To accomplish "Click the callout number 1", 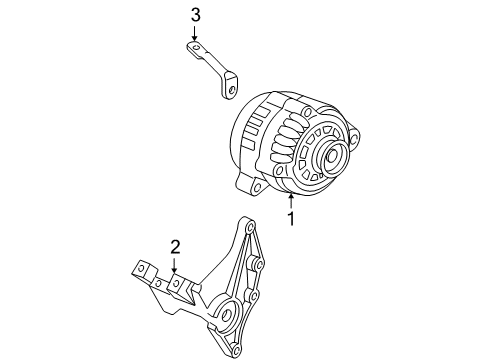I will pyautogui.click(x=291, y=219).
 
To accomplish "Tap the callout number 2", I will pyautogui.click(x=174, y=246).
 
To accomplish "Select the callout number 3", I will pyautogui.click(x=195, y=15).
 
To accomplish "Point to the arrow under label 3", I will pyautogui.click(x=195, y=36).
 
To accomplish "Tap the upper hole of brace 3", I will pyautogui.click(x=195, y=46).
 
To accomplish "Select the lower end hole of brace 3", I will pyautogui.click(x=229, y=91).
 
